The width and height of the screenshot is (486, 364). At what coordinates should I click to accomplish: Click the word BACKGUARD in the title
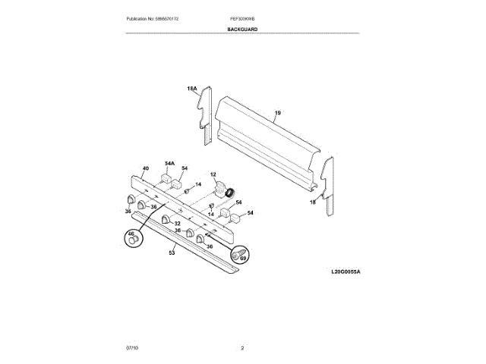pyautogui.click(x=242, y=29)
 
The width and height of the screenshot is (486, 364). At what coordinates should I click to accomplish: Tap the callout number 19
pyautogui.click(x=277, y=113)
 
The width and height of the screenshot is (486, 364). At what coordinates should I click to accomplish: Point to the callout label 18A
pyautogui.click(x=192, y=89)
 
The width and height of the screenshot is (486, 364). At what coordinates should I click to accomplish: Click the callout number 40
pyautogui.click(x=145, y=168)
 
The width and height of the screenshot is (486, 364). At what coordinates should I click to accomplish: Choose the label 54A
pyautogui.click(x=169, y=163)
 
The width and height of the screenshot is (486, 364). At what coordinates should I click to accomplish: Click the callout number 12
pyautogui.click(x=213, y=174)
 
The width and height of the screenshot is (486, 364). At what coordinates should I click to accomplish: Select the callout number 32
pyautogui.click(x=177, y=223)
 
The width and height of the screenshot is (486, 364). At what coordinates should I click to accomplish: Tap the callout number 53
pyautogui.click(x=172, y=253)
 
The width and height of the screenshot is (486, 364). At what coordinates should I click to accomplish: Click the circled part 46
pyautogui.click(x=134, y=239)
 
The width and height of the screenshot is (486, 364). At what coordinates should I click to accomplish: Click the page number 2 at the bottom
pyautogui.click(x=242, y=347)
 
